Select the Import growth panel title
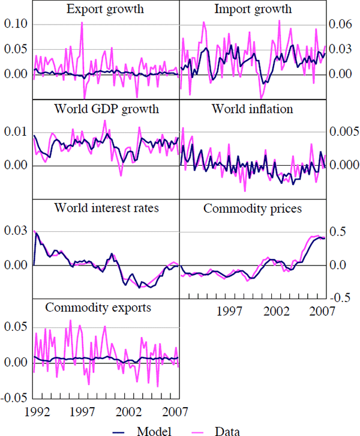pos(253,10)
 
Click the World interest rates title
pos(106,208)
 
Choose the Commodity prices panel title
pos(253,208)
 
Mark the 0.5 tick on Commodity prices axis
pos(340,232)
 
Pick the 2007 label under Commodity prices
pos(322,311)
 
